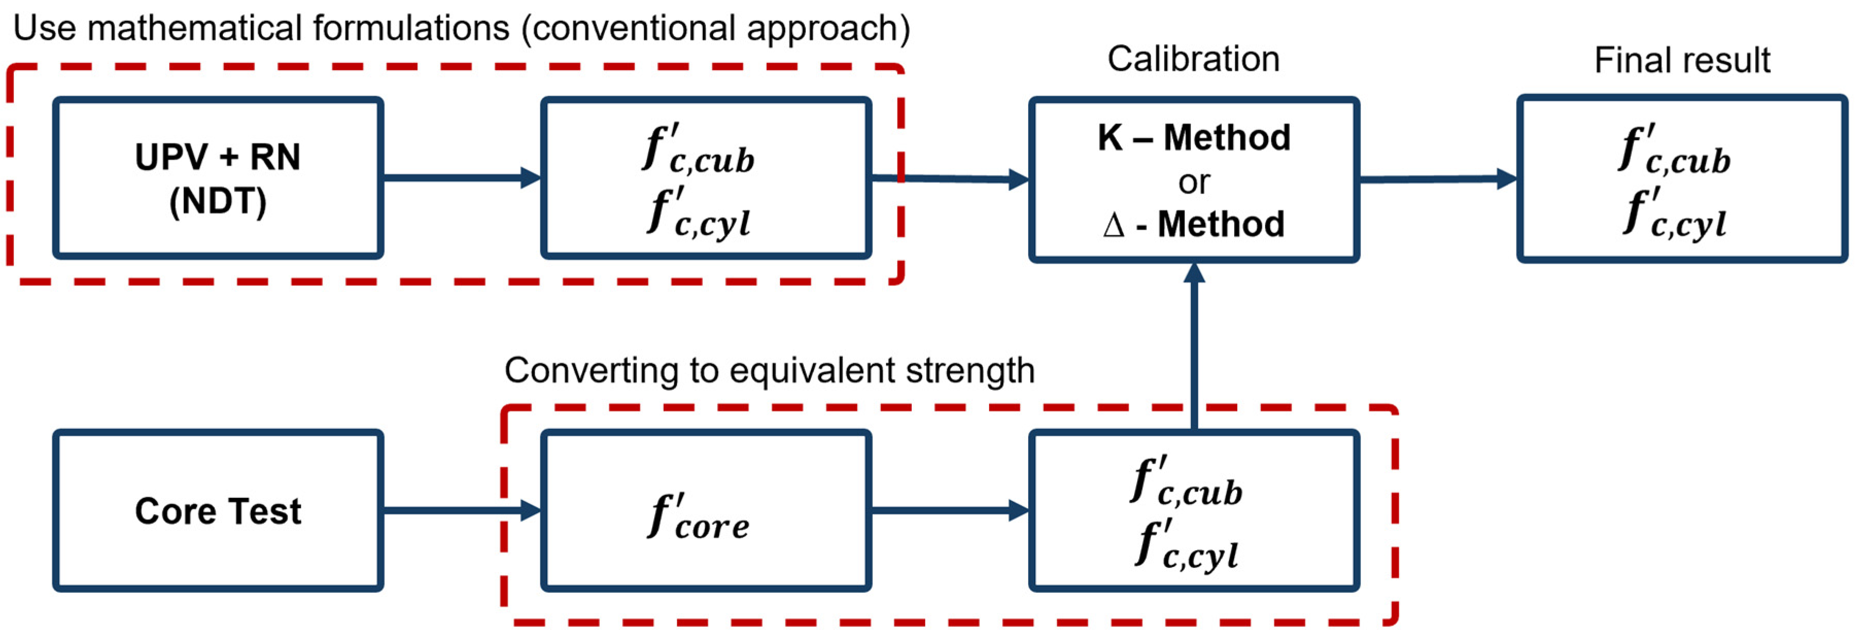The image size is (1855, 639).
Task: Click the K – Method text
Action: [x=1194, y=137]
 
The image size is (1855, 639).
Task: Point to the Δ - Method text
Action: [x=1194, y=224]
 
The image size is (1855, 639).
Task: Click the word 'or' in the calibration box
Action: [x=1194, y=182]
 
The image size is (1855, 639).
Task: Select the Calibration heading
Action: [x=1193, y=59]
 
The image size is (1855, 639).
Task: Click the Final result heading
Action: [x=1681, y=61]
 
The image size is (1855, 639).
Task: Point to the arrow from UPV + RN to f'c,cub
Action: [x=461, y=177]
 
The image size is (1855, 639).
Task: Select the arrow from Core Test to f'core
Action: [x=461, y=511]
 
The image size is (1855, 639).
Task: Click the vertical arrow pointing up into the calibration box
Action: [x=1194, y=346]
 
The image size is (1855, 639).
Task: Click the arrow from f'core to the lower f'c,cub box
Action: [x=949, y=511]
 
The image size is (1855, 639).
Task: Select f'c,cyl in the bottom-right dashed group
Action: [x=1187, y=545]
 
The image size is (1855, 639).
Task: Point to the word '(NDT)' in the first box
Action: [x=217, y=201]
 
